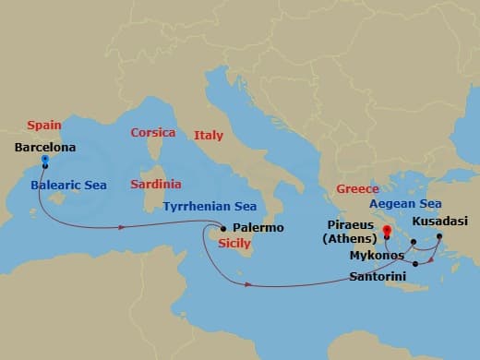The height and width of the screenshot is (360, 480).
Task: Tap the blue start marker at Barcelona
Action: pos(44,161)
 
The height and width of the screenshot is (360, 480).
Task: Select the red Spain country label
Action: pos(44,125)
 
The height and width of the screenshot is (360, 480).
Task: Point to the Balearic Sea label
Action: pos(68,186)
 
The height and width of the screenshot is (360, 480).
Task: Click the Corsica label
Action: pos(152,133)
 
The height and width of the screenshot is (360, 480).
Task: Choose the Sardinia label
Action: pos(156,185)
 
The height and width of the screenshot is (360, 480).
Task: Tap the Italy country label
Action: pos(209,136)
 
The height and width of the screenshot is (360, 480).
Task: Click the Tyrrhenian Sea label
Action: pos(210,207)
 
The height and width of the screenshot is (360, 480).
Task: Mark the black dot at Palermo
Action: pos(222,228)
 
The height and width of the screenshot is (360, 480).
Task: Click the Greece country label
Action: pos(357,188)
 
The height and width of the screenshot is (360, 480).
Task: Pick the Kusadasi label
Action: pos(439,222)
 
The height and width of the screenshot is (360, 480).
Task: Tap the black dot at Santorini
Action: pos(415,265)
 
